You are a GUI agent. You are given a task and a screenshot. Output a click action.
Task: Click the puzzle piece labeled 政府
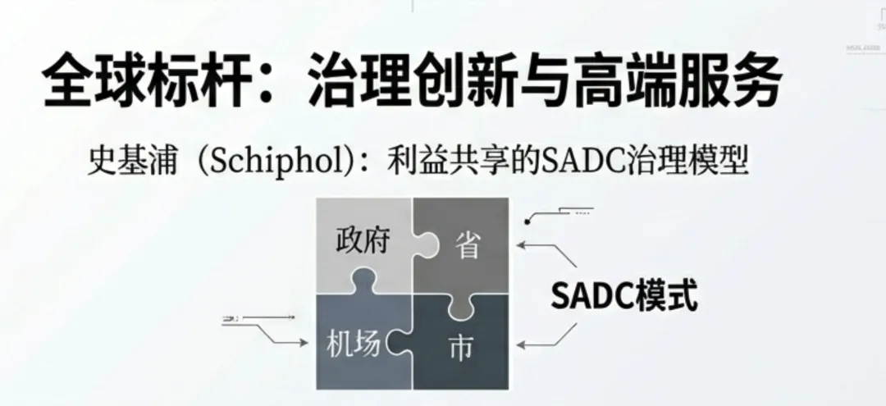tap(362, 241)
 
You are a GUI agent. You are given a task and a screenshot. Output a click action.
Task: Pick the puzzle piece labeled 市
tap(461, 348)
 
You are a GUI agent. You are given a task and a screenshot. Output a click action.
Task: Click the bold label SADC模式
tap(623, 296)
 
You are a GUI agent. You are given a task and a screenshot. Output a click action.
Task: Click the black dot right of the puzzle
tap(529, 221)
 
